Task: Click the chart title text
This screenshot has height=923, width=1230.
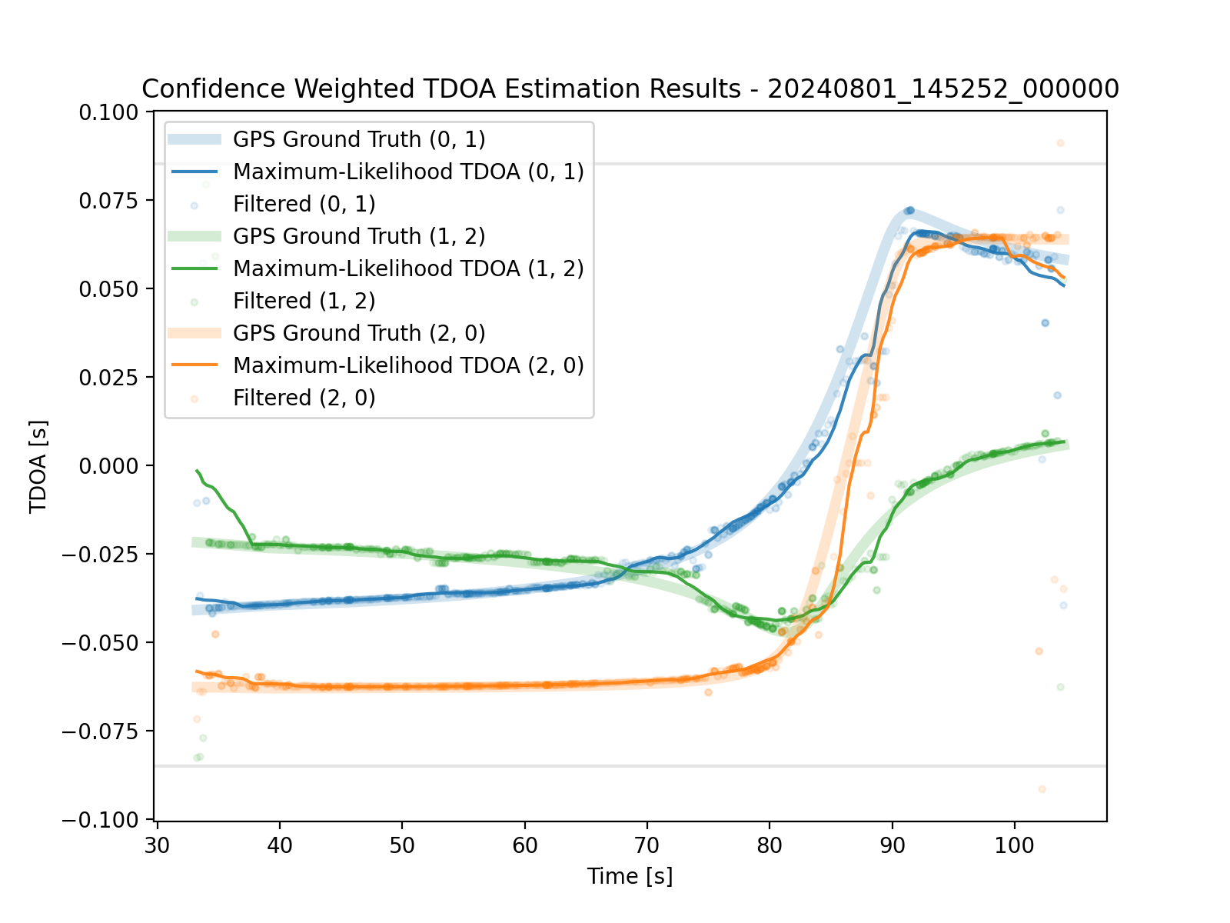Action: click(x=630, y=89)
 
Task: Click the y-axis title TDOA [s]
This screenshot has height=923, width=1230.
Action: click(x=38, y=466)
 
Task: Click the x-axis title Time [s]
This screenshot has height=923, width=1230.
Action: click(x=630, y=876)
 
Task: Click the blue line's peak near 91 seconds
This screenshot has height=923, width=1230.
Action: click(x=909, y=210)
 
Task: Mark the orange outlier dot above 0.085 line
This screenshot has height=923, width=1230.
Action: click(x=1060, y=143)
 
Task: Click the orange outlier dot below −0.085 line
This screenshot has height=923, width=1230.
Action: click(x=1042, y=789)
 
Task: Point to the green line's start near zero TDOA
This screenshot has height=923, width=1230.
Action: click(x=198, y=470)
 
